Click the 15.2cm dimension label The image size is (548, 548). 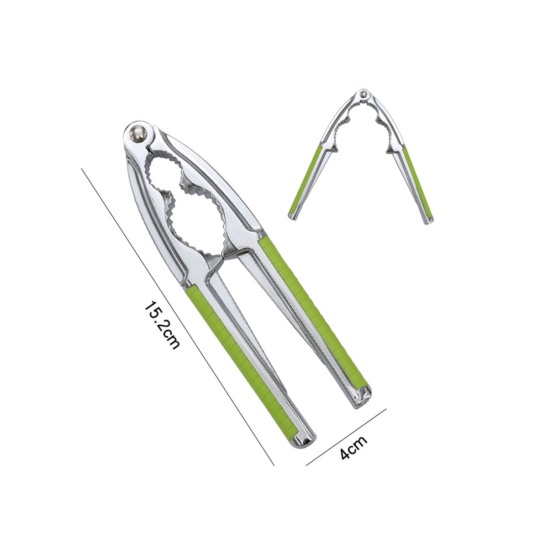(x=162, y=325)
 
